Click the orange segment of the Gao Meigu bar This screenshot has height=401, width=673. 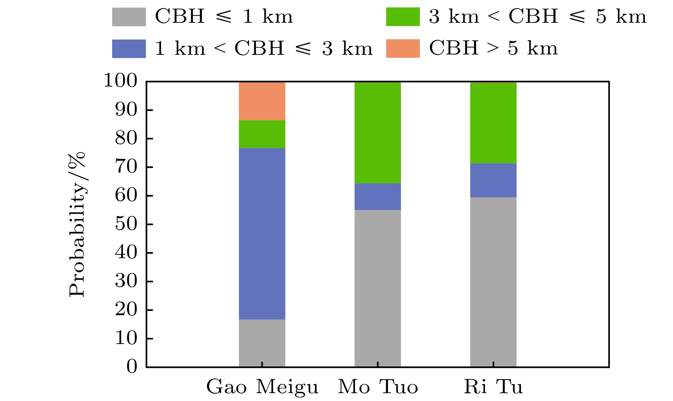[x=262, y=101]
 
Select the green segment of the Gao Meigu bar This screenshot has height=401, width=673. [x=262, y=134]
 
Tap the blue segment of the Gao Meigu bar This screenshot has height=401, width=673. [x=262, y=233]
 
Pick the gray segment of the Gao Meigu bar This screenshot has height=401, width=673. [x=262, y=343]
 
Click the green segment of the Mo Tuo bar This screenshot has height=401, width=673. [x=377, y=132]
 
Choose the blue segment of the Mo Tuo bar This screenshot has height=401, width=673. [x=377, y=196]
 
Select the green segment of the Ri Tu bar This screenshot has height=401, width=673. [x=493, y=123]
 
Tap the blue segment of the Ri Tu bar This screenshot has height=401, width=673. [x=493, y=180]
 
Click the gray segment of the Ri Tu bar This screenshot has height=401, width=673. [x=493, y=282]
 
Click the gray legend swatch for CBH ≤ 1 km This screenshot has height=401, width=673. [x=129, y=17]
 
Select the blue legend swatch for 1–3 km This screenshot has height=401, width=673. [x=129, y=48]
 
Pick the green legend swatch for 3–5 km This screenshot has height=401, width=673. [x=403, y=17]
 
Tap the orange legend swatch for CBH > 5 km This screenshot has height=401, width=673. [x=403, y=48]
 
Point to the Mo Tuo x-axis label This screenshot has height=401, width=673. [x=378, y=387]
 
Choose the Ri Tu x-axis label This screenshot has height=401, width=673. [x=493, y=387]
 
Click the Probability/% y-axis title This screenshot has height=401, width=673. [x=77, y=224]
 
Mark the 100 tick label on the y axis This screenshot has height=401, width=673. [x=120, y=81]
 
